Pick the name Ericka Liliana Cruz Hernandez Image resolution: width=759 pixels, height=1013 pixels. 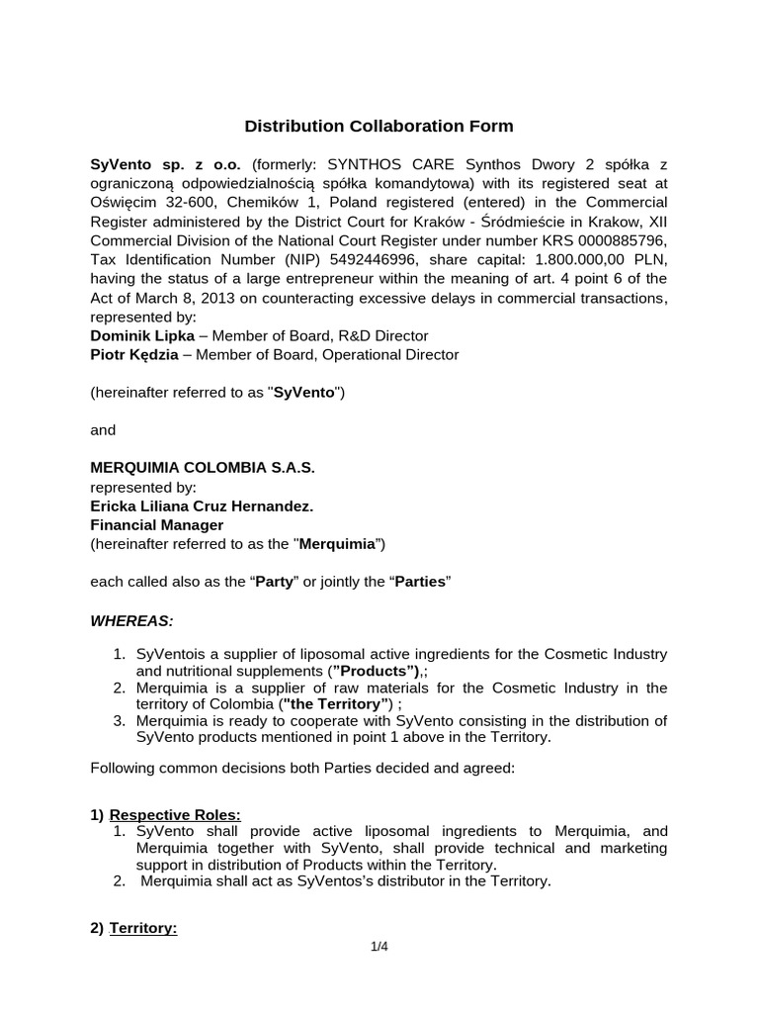click(202, 506)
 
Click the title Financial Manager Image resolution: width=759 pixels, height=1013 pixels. click(156, 524)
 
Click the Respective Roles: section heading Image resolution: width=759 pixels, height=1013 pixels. click(175, 814)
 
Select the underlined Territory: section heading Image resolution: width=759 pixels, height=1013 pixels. click(143, 929)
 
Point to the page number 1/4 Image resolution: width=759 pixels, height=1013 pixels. click(379, 947)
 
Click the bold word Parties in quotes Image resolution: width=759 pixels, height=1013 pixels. click(421, 582)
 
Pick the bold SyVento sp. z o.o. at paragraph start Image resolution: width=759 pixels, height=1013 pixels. click(166, 164)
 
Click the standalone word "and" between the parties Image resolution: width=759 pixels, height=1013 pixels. click(103, 429)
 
